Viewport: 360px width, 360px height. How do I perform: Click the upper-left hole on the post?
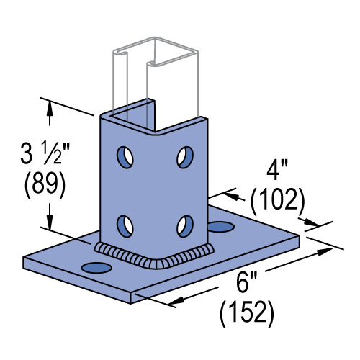point(127,155)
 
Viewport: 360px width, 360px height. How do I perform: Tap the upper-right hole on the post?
point(184,156)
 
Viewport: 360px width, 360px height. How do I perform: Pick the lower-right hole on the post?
point(184,225)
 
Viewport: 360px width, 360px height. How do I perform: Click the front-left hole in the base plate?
point(98,268)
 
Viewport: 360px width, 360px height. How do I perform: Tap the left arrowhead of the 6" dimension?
point(174,302)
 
